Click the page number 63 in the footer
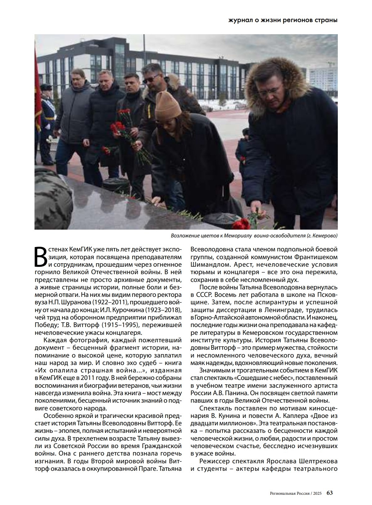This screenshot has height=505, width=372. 329,493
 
